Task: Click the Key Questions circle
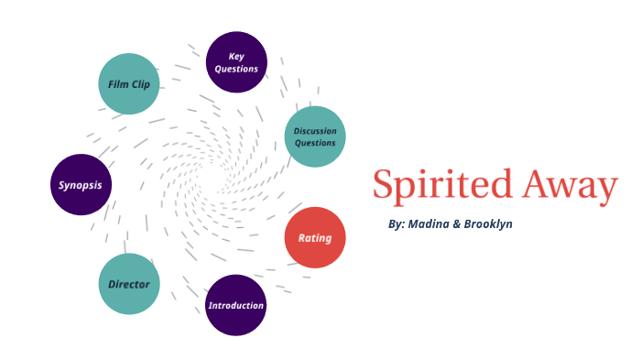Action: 236,62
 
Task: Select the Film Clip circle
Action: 129,84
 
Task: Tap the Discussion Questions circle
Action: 315,136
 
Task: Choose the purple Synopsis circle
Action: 81,184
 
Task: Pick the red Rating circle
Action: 315,238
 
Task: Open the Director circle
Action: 129,284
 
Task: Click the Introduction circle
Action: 236,305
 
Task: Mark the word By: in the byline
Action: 396,224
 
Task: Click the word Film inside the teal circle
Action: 119,84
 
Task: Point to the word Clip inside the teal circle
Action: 145,84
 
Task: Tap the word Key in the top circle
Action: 236,57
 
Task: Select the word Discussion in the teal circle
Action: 315,131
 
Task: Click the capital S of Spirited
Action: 384,186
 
